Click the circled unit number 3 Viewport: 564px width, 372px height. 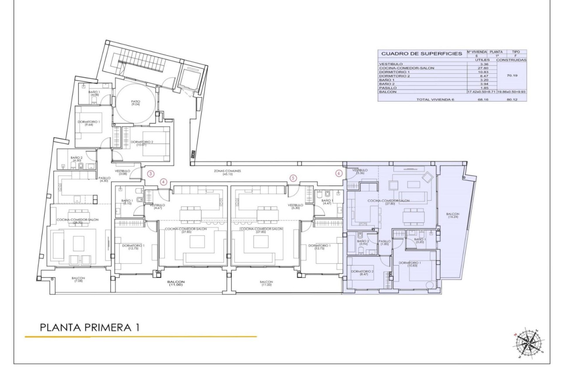[x=151, y=173]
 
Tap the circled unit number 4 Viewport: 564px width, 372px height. [x=164, y=182]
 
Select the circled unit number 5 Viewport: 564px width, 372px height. [x=293, y=178]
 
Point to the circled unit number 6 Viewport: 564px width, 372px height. [x=339, y=173]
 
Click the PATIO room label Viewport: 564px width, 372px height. [x=136, y=103]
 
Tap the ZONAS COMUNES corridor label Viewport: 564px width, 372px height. [x=227, y=172]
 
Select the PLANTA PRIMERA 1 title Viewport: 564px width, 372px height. [x=89, y=328]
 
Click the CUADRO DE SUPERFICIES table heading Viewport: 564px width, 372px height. [x=421, y=54]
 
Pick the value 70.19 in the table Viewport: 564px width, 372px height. [x=511, y=76]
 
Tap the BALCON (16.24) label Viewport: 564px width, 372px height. [x=453, y=215]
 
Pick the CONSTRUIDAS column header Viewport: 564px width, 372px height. [x=511, y=60]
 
